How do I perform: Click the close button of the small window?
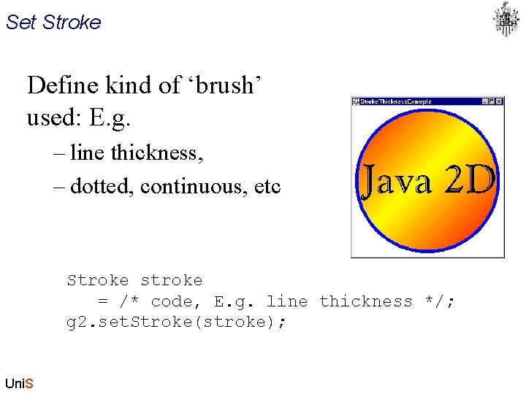tap(500, 101)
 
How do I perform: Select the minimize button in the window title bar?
tap(484, 101)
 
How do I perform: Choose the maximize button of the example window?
tap(492, 101)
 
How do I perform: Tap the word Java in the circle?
tap(397, 181)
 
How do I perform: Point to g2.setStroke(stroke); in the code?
tap(176, 322)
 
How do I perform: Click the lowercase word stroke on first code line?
tap(171, 280)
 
